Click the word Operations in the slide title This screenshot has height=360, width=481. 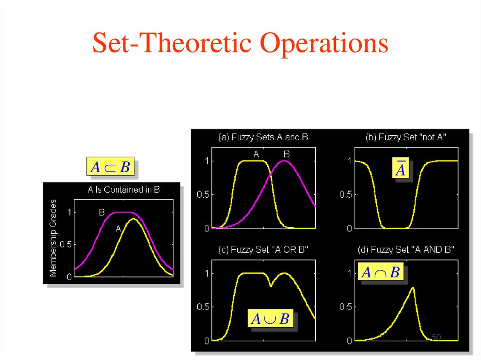[325, 44]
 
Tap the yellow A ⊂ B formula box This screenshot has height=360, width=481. [110, 167]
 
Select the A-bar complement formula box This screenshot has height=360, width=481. [400, 169]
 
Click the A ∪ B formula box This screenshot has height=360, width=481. [271, 319]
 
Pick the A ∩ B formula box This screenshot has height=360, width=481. [381, 272]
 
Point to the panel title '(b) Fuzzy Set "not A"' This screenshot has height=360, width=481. [405, 138]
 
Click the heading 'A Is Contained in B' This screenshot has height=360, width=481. [124, 190]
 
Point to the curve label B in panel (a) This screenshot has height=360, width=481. [287, 154]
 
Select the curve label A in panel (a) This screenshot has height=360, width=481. [256, 154]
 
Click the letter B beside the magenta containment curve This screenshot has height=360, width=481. [101, 212]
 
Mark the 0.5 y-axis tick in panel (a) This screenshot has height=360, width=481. [202, 195]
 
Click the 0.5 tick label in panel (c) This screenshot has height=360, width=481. [202, 307]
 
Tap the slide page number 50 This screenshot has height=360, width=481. [436, 337]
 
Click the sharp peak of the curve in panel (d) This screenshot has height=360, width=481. [413, 288]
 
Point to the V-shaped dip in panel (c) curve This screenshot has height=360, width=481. [271, 285]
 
